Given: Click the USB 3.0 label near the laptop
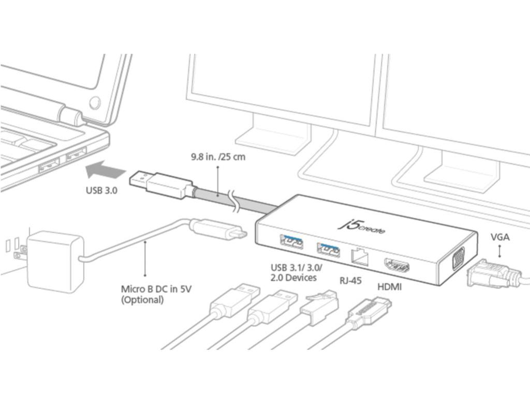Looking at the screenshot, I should (x=101, y=190).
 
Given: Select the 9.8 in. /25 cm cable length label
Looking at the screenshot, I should (x=217, y=157).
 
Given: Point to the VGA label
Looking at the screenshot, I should (x=499, y=238).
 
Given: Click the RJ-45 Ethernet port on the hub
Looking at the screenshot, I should (x=361, y=256).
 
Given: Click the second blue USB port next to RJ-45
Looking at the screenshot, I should (x=328, y=249).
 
